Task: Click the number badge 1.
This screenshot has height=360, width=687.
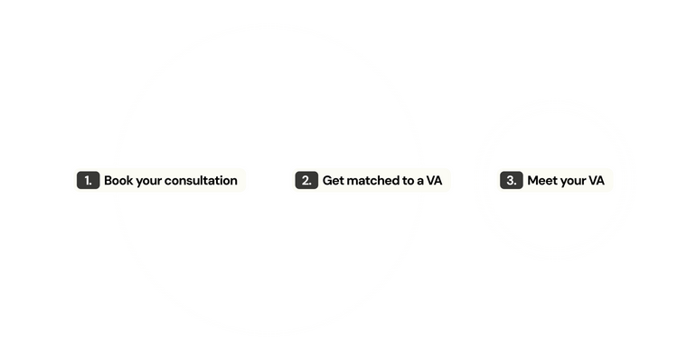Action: point(88,181)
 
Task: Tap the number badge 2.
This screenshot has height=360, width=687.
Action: point(306,181)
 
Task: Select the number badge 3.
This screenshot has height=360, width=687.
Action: point(511,181)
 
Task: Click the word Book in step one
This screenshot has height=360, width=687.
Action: point(118,181)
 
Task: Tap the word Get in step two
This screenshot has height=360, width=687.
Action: point(334,181)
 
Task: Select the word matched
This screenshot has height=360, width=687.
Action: point(372,181)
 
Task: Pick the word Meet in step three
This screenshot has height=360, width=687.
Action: point(542,181)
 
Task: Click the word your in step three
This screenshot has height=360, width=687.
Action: point(573,181)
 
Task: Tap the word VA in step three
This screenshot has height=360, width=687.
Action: point(597,181)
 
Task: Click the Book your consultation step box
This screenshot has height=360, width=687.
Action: point(159,181)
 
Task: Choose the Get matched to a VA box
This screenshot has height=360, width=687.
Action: point(372,181)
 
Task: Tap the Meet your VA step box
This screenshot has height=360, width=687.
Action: point(555,181)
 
